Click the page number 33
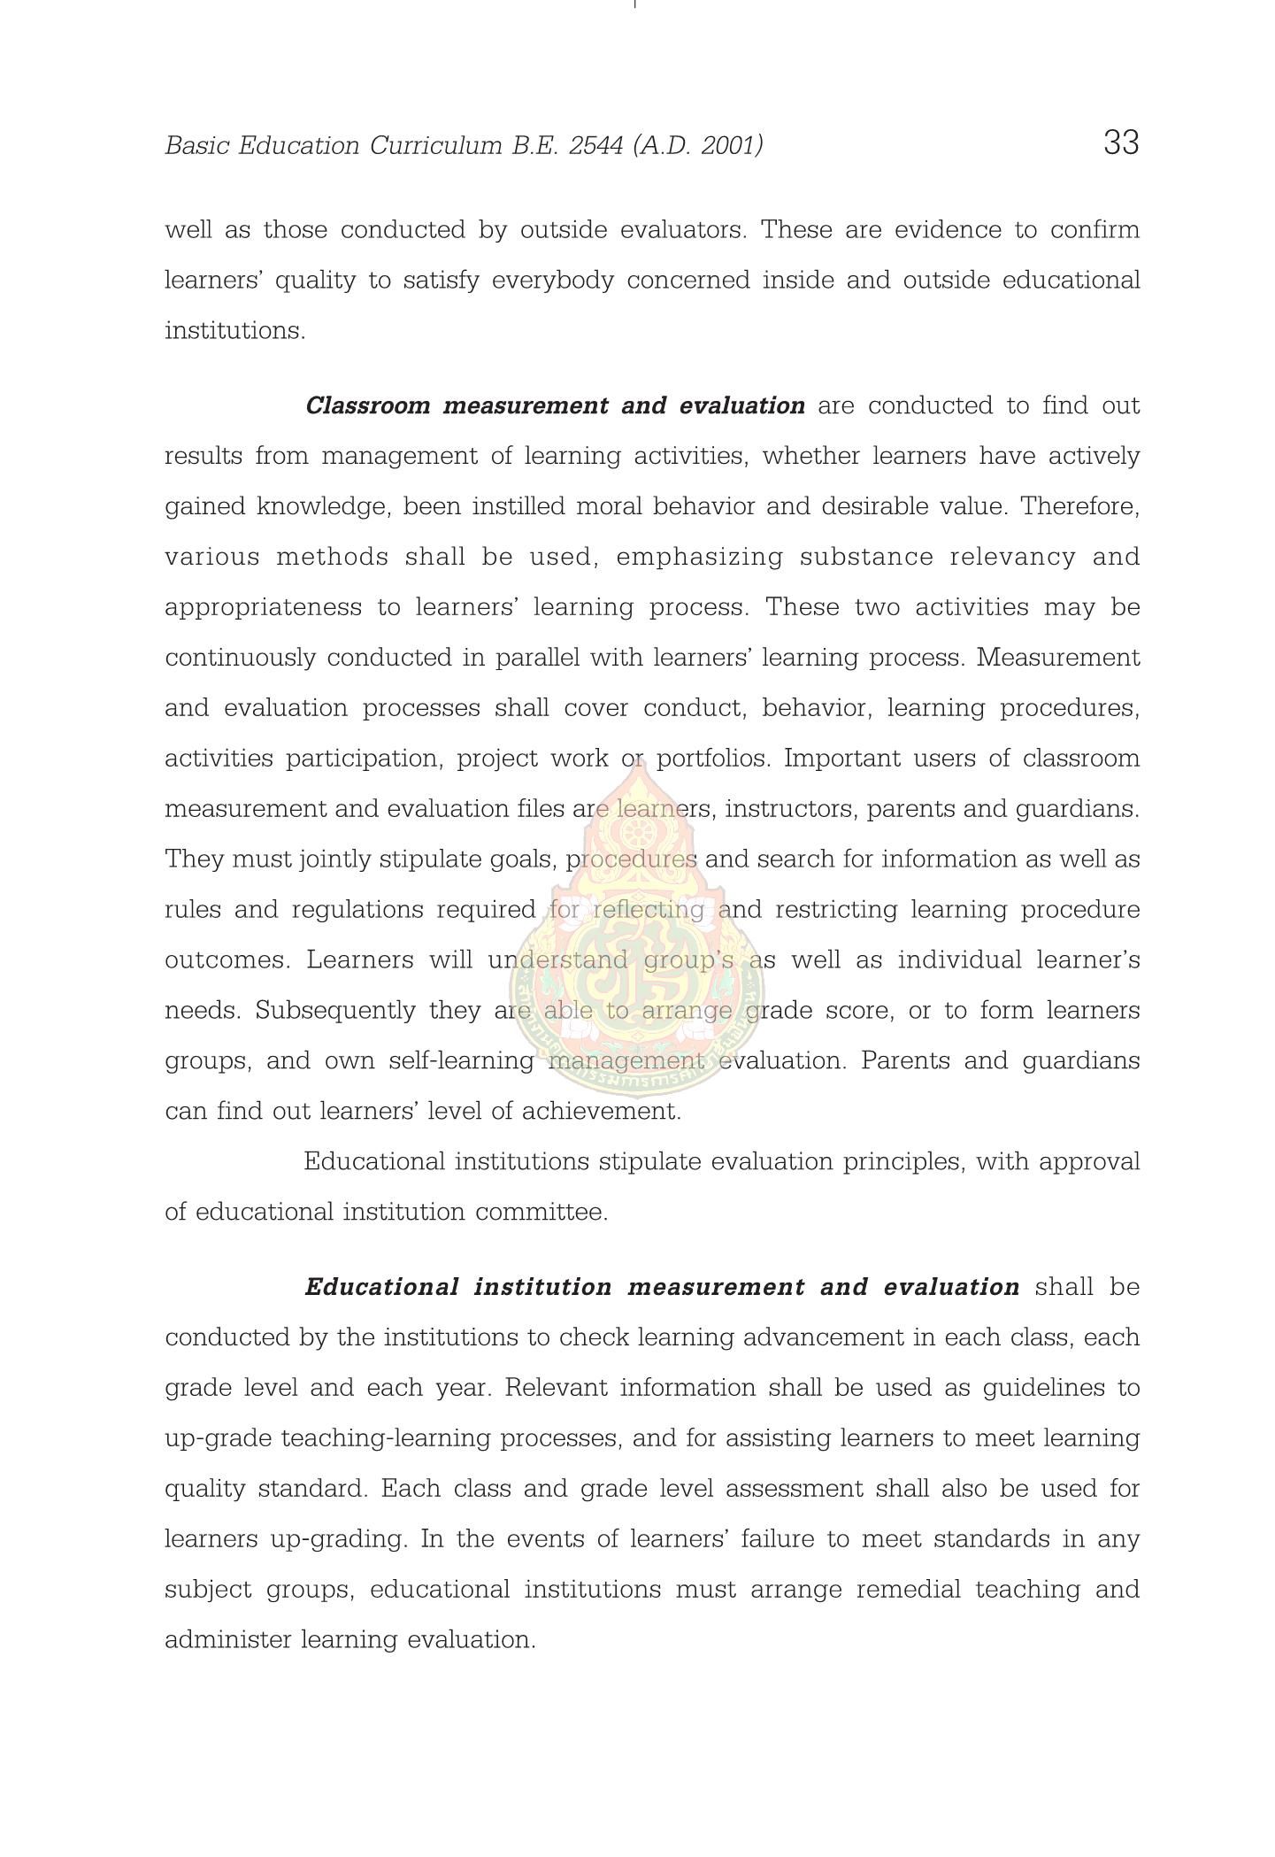(x=1120, y=143)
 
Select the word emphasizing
(x=699, y=558)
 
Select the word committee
(x=541, y=1213)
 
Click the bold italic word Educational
(x=381, y=1288)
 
